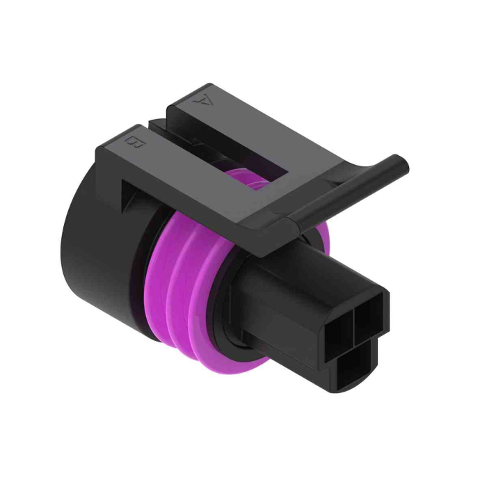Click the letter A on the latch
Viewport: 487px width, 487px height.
pos(203,99)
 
